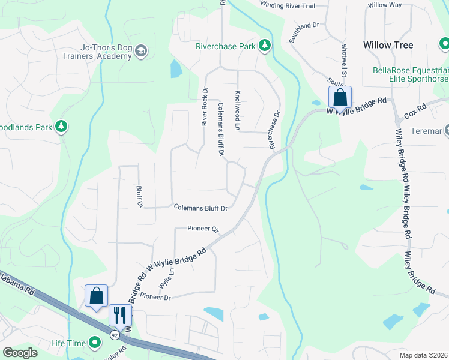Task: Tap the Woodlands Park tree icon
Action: [60, 127]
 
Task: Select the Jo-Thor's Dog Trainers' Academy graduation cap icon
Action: [141, 50]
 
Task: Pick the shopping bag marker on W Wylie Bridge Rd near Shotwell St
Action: [340, 97]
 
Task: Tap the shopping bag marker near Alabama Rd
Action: [96, 295]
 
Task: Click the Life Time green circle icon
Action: [95, 343]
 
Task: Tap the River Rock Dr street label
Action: [205, 106]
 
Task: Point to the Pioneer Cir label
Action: [203, 229]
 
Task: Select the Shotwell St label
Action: [345, 59]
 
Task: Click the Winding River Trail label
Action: [288, 5]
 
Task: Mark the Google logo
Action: [20, 353]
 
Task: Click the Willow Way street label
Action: [385, 5]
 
